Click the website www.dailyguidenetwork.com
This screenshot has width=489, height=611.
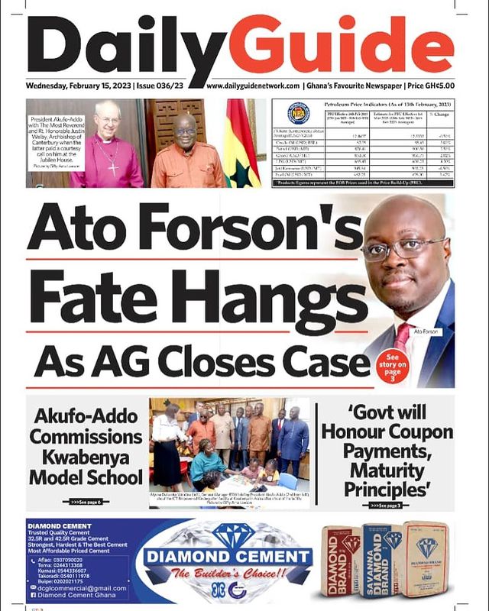(252, 87)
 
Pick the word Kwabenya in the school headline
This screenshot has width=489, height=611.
(86, 457)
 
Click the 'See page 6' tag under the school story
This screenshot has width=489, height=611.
(86, 502)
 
